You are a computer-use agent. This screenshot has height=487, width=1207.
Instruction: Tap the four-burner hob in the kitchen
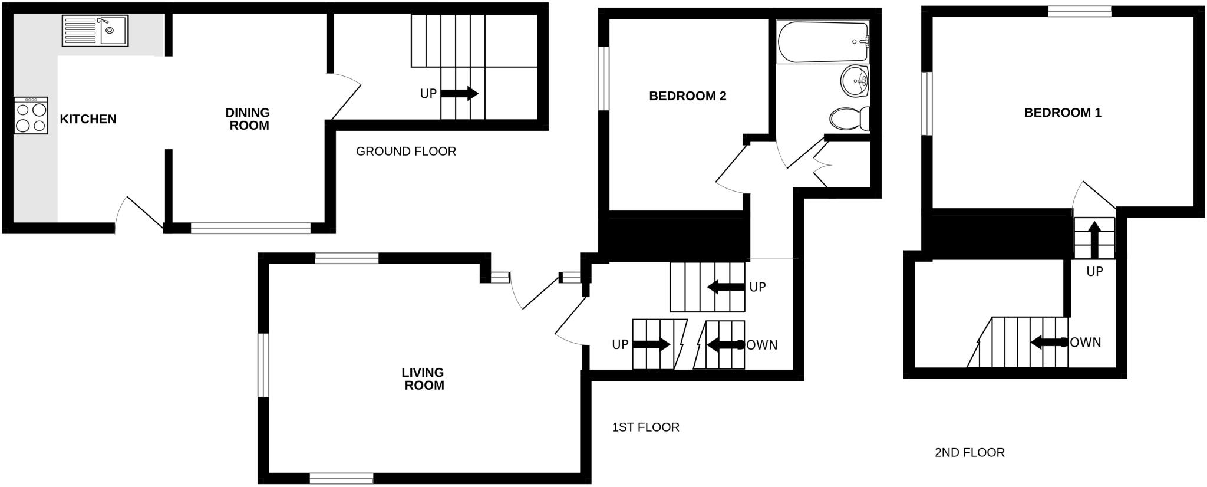[31, 116]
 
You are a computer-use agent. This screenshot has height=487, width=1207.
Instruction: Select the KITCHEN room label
[88, 119]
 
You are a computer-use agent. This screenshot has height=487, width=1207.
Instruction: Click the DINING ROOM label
[248, 119]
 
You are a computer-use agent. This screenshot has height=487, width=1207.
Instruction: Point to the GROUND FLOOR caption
[405, 152]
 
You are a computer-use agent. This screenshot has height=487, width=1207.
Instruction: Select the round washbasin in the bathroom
[854, 81]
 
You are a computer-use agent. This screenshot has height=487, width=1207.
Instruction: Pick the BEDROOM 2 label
[687, 96]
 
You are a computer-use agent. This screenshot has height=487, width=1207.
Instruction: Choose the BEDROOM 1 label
[1063, 113]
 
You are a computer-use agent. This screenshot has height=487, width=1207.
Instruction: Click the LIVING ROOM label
[423, 379]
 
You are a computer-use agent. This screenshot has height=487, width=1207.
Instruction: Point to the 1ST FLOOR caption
[645, 427]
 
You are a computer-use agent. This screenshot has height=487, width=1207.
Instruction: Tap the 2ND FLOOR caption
[969, 453]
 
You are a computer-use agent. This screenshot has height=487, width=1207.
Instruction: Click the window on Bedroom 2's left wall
[603, 78]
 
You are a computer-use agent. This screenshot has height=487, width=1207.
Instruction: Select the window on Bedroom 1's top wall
[1080, 11]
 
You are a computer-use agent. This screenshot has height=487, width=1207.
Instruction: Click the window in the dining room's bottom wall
[250, 228]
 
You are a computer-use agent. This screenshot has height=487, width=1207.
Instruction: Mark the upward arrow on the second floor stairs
[1094, 239]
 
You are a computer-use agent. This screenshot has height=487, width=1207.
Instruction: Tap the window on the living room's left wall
[263, 365]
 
